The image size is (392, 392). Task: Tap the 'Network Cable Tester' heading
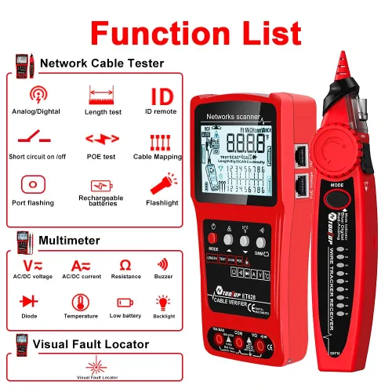point(102,64)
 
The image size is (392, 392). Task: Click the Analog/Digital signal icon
point(36,96)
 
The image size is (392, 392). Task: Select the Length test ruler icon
point(101,96)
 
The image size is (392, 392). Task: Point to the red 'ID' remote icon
point(162,95)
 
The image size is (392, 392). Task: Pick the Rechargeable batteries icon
point(101,185)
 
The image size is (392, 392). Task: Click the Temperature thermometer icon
point(79,302)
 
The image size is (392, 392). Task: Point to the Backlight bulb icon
point(163,301)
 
